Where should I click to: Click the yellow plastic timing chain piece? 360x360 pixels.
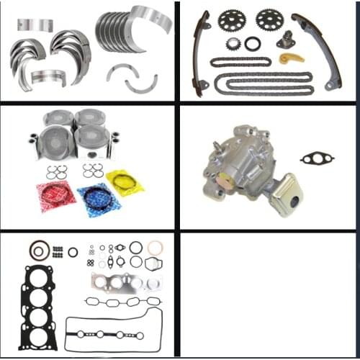pos(290,57)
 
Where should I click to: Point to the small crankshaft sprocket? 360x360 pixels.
pos(233,44)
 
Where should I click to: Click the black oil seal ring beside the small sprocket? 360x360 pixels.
pos(253,44)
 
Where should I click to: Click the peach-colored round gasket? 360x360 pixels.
pos(156,248)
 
